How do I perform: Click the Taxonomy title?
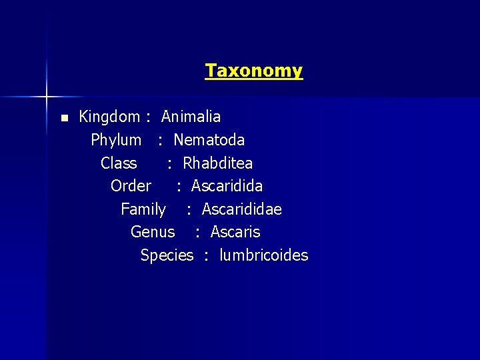pyautogui.click(x=253, y=71)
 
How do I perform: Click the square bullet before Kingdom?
pyautogui.click(x=64, y=118)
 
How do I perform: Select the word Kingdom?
pyautogui.click(x=109, y=117)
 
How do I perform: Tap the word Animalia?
pyautogui.click(x=191, y=117)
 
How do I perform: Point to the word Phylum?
pyautogui.click(x=116, y=141)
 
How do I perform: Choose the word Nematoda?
pyautogui.click(x=209, y=140)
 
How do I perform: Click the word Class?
pyautogui.click(x=119, y=163)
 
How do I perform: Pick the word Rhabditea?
pyautogui.click(x=217, y=163)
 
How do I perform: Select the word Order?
pyautogui.click(x=131, y=186)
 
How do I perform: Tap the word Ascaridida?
pyautogui.click(x=227, y=186)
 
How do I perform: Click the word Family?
pyautogui.click(x=143, y=209)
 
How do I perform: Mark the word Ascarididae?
pyautogui.click(x=241, y=209)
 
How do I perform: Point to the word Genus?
pyautogui.click(x=153, y=232)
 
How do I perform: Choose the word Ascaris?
pyautogui.click(x=235, y=232)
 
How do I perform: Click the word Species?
pyautogui.click(x=167, y=255)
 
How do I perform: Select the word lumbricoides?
pyautogui.click(x=263, y=255)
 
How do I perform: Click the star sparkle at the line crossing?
pyautogui.click(x=47, y=97)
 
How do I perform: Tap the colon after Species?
pyautogui.click(x=207, y=256)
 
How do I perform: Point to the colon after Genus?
pyautogui.click(x=197, y=233)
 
